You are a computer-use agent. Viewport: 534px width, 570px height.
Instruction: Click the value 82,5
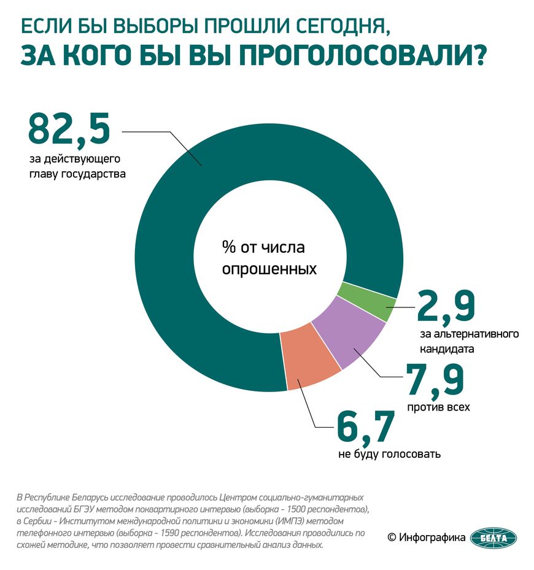pyautogui.click(x=69, y=129)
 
